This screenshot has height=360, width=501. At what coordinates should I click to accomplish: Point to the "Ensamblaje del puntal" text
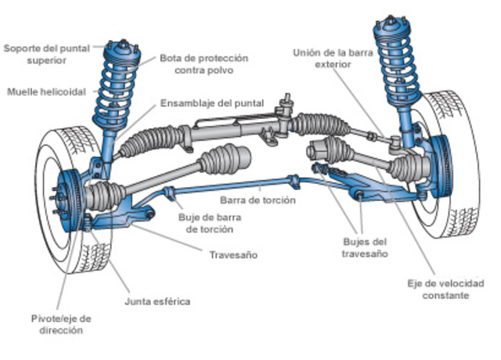[212, 103]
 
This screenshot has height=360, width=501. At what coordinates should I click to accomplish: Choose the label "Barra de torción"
[258, 200]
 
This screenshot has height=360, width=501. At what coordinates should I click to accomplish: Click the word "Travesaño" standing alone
[233, 255]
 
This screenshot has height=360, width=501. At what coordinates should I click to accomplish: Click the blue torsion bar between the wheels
[235, 188]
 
